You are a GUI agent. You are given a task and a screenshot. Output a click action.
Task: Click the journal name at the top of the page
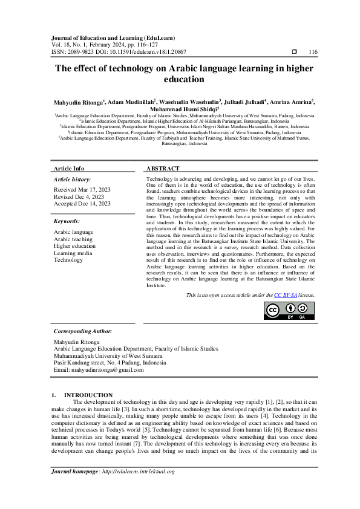[x=108, y=37]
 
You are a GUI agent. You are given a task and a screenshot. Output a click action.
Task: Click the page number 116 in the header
[x=313, y=53]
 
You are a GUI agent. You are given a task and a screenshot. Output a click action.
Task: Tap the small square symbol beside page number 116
[x=294, y=53]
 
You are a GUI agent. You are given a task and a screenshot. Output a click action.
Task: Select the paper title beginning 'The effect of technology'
[x=185, y=74]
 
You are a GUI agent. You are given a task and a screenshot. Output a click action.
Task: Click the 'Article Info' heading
[x=69, y=168]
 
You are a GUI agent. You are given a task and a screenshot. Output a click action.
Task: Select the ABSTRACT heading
[x=163, y=168]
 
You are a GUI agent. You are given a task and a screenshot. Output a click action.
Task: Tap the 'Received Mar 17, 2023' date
[x=82, y=189]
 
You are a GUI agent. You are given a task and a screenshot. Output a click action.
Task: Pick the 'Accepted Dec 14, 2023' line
[x=82, y=204]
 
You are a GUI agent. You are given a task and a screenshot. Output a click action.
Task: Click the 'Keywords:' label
[x=67, y=222]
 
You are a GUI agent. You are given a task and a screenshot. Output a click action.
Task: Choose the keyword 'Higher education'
[x=74, y=246]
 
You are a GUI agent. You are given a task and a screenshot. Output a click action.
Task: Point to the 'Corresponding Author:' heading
[x=83, y=331]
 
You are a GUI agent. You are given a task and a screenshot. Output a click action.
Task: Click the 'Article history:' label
[x=73, y=180]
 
